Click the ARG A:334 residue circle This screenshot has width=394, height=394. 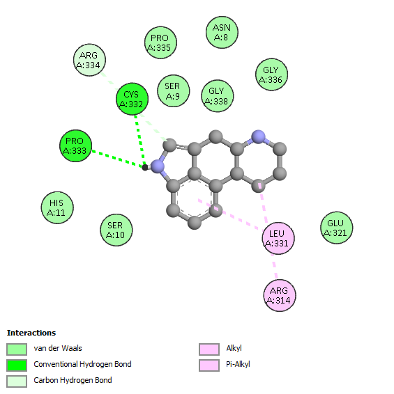(x=89, y=60)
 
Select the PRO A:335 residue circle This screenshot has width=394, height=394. (x=160, y=42)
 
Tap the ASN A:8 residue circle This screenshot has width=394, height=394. (x=222, y=32)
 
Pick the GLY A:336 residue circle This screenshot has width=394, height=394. (x=271, y=74)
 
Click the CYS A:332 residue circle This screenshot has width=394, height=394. (x=132, y=99)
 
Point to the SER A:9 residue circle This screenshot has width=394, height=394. (x=173, y=90)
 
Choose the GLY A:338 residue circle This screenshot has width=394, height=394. (x=218, y=96)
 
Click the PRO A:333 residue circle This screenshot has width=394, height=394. (x=75, y=145)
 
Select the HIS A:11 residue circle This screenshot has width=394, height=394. (x=57, y=207)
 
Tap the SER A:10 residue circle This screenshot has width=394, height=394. (x=116, y=230)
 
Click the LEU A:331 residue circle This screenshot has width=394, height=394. (x=278, y=238)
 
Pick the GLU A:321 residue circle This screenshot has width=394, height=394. (x=336, y=228)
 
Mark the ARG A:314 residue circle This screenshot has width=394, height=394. (x=280, y=295)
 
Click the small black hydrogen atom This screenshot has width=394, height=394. (x=145, y=167)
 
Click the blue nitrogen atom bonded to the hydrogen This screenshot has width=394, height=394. (x=158, y=166)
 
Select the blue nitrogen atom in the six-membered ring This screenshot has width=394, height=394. (x=258, y=137)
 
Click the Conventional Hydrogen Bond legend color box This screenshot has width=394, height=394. (x=17, y=365)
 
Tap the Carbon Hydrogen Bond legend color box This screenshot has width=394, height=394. (x=17, y=381)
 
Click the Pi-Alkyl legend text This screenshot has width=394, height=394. (x=238, y=364)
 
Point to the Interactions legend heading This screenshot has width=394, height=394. (x=31, y=333)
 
